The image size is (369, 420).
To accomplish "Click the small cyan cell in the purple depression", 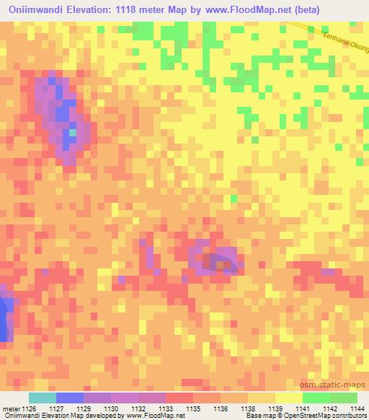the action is [72, 132].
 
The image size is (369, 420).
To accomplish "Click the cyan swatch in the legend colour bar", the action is [42, 398].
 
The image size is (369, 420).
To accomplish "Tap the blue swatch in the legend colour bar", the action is [69, 398].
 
